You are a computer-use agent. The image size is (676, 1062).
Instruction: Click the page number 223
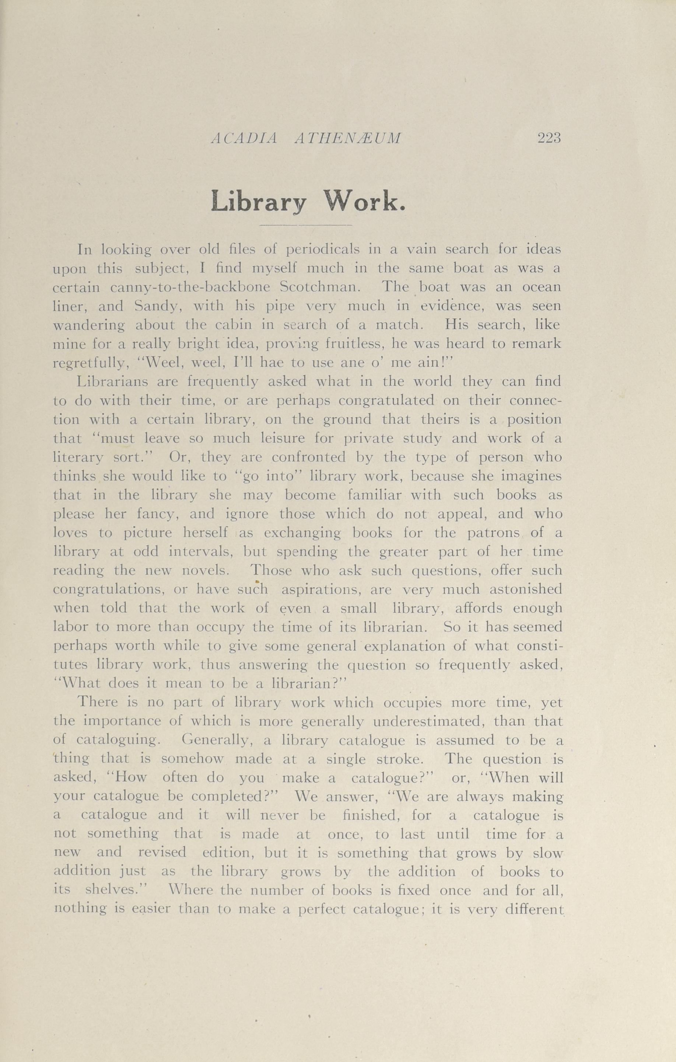click(x=549, y=139)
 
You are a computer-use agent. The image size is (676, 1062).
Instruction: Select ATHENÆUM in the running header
click(x=348, y=139)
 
